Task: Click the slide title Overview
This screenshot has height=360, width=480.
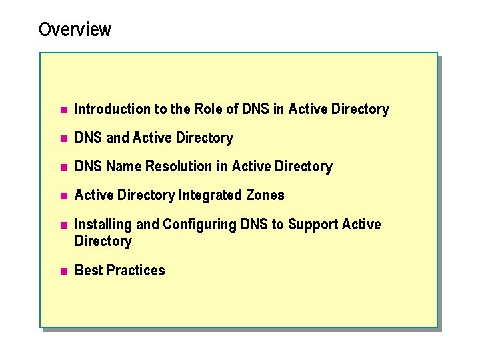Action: (75, 30)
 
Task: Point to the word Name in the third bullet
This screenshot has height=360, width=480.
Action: (124, 167)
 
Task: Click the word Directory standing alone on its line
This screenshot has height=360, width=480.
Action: (103, 241)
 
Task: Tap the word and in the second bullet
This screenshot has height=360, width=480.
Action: (117, 138)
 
